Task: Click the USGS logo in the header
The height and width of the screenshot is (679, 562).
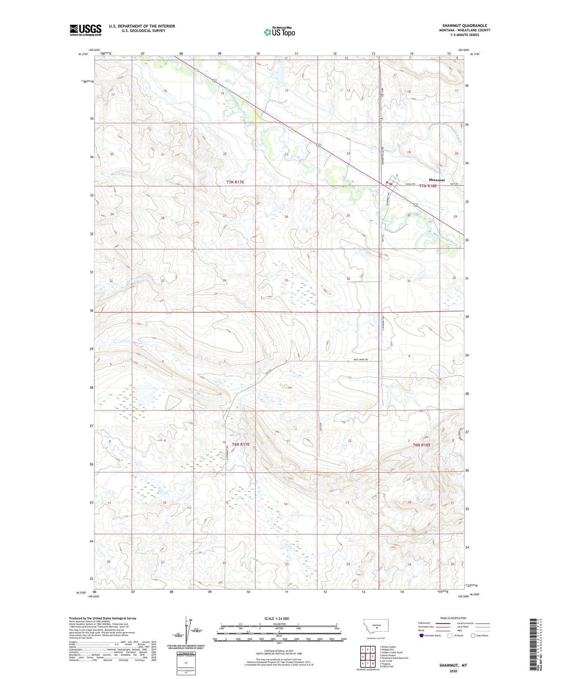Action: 85,30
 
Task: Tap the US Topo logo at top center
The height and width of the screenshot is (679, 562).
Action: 279,32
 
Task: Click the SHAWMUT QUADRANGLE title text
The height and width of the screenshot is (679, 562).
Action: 464,25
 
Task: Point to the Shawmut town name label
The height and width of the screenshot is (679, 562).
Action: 436,180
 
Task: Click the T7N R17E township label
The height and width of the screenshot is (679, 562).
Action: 235,182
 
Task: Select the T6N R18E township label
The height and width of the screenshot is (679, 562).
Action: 421,445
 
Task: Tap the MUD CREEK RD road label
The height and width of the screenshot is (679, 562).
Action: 361,360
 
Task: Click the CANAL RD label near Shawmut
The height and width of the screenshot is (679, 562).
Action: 411,184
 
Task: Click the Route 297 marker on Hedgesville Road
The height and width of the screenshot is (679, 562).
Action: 380,119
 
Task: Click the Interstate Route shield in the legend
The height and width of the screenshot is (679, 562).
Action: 421,636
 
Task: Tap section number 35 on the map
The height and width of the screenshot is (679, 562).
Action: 286,281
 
